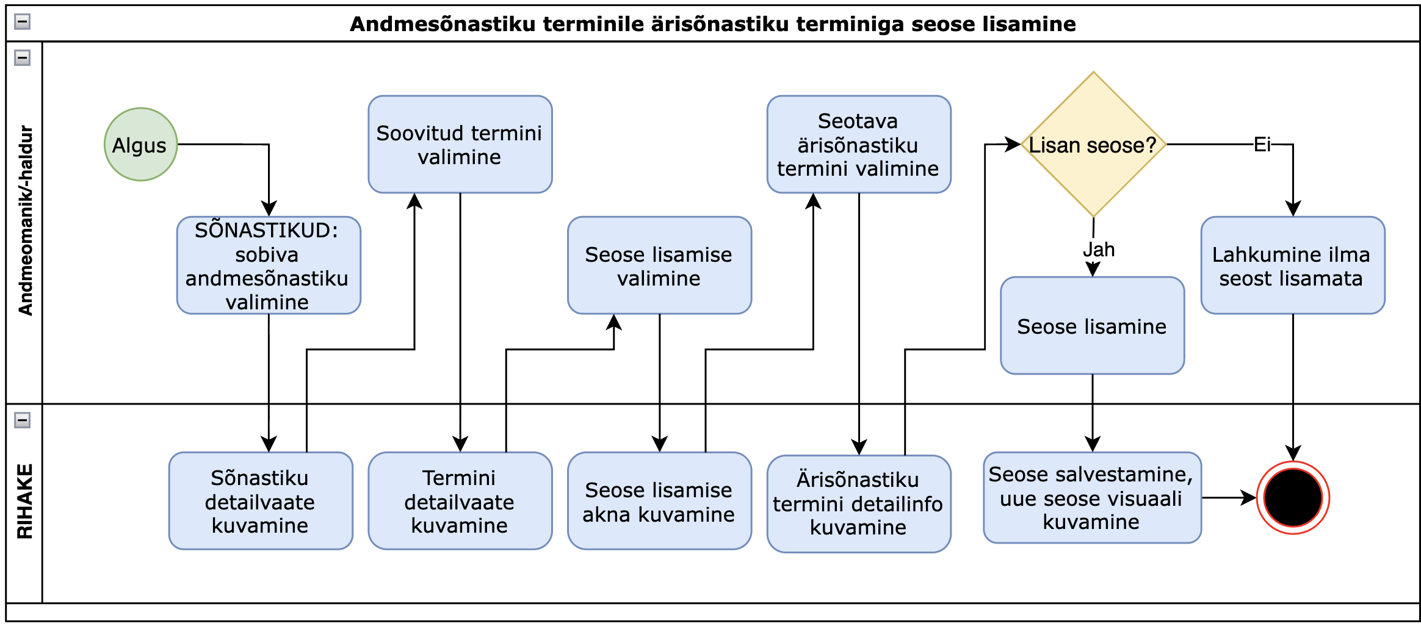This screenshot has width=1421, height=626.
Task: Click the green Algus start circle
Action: [140, 145]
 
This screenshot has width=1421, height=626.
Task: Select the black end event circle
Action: [1293, 498]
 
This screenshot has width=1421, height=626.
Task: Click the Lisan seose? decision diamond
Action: [1093, 145]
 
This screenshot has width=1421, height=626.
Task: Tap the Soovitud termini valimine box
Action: [460, 145]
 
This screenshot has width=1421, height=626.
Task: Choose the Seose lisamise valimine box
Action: [659, 265]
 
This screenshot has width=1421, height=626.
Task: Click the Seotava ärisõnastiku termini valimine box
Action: [858, 145]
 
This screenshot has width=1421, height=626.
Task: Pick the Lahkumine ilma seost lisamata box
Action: [1292, 265]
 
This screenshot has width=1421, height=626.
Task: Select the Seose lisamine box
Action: [1092, 326]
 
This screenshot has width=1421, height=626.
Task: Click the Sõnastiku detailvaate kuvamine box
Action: [261, 501]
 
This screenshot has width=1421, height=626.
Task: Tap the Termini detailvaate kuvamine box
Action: [460, 501]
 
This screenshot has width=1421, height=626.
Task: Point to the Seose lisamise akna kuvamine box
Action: [659, 501]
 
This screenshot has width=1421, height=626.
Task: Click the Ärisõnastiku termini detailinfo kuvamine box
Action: [858, 504]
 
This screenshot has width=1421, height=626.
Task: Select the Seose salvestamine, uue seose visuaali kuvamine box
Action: [1092, 498]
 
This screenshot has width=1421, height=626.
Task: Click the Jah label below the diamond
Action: [1099, 250]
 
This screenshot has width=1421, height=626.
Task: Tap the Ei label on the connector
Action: [1262, 145]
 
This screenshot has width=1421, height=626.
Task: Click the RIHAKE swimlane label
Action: [24, 502]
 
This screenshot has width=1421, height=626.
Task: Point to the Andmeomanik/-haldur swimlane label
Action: [25, 221]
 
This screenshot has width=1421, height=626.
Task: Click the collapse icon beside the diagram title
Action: [23, 22]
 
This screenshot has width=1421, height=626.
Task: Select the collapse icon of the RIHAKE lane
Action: [23, 420]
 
